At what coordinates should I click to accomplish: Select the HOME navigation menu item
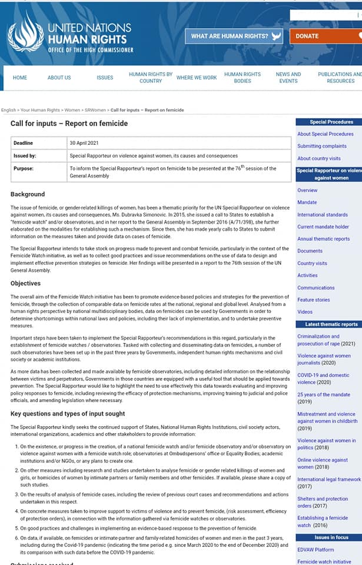(x=20, y=78)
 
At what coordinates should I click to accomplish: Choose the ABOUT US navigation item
(x=59, y=78)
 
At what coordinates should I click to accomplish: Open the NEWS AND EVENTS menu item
(x=288, y=78)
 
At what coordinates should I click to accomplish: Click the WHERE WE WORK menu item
(x=197, y=78)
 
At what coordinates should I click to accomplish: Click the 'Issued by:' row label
(x=25, y=156)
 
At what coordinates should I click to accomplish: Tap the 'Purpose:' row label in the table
(x=24, y=168)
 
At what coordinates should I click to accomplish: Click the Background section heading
(x=28, y=194)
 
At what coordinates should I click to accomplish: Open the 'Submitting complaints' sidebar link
(x=322, y=146)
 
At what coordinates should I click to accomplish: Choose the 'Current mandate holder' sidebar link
(x=323, y=227)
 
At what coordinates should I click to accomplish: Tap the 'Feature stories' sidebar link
(x=314, y=300)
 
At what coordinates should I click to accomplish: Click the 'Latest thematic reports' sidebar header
(x=331, y=324)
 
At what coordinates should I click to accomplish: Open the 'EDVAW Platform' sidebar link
(x=315, y=550)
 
